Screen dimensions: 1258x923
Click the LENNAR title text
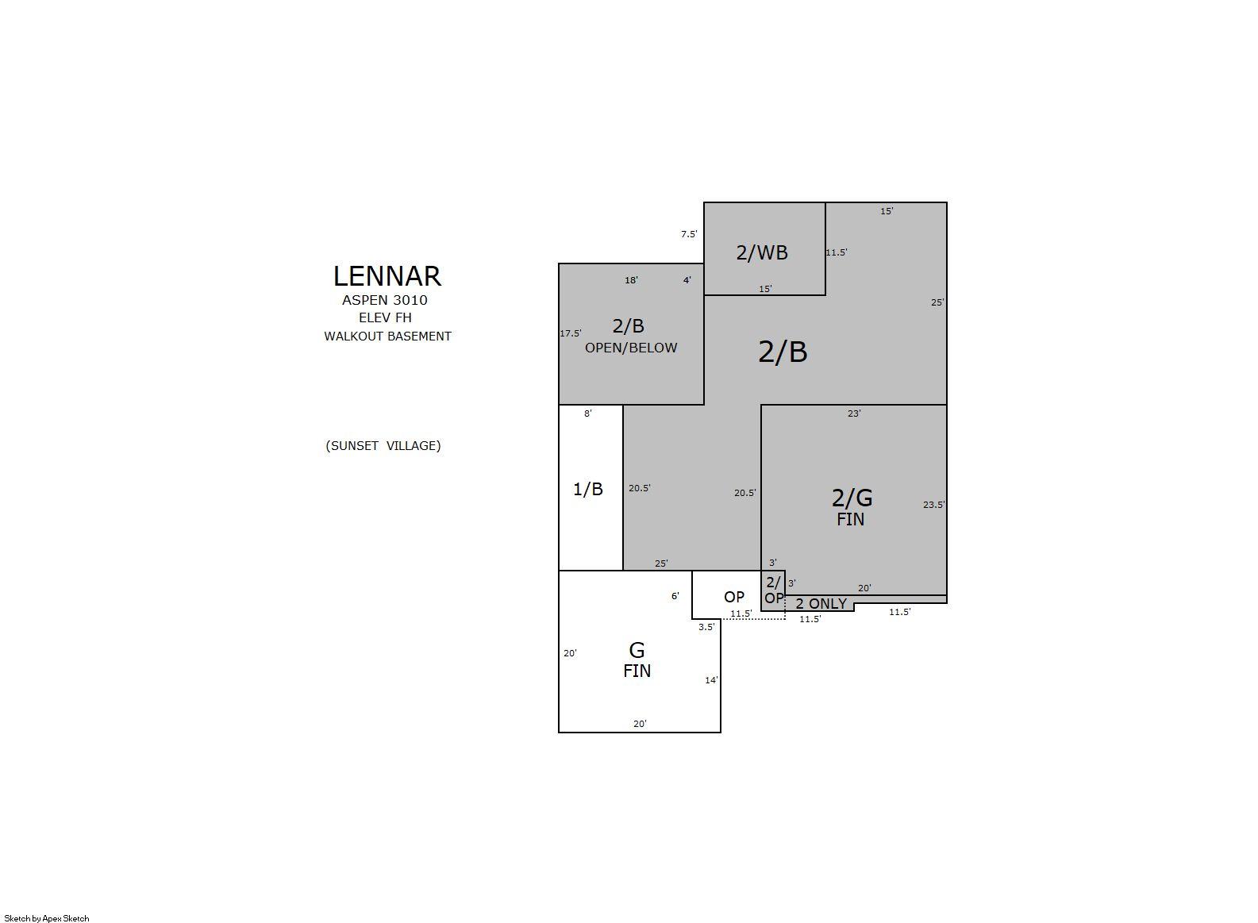[387, 276]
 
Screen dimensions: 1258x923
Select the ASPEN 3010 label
[385, 300]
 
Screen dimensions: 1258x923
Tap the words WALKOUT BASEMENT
[387, 337]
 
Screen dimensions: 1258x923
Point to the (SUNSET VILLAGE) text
[383, 446]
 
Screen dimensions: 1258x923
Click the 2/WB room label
[762, 252]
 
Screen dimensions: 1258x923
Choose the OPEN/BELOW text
[631, 348]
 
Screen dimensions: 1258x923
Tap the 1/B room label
[588, 489]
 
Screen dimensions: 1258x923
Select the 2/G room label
[852, 498]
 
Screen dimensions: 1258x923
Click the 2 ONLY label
[821, 603]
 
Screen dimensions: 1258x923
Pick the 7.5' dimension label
[689, 234]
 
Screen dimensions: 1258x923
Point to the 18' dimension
[631, 280]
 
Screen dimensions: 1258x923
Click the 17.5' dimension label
[571, 333]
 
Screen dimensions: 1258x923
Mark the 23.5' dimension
[934, 505]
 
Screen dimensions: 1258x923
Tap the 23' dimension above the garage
[854, 413]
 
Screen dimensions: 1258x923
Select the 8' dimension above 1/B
[588, 413]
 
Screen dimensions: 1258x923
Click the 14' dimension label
[712, 680]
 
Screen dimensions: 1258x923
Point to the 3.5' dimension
[706, 627]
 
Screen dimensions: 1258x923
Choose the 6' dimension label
[675, 596]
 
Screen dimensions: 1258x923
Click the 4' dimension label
[687, 280]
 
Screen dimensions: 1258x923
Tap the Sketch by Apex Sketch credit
[47, 918]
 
